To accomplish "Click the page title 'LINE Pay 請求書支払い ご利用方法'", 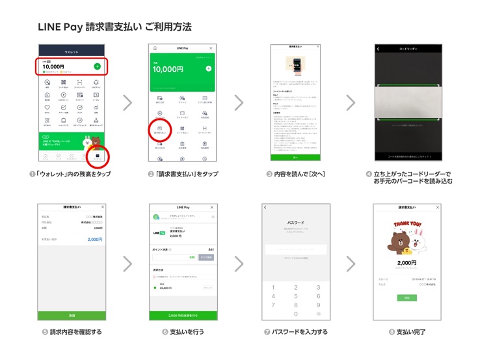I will (x=114, y=27).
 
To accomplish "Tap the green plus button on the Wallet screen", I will (x=97, y=66).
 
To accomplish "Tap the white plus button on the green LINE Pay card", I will (x=208, y=68).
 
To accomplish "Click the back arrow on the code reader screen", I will (x=379, y=48).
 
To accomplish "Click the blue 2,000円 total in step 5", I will (x=94, y=240).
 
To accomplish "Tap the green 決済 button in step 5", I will (x=72, y=315).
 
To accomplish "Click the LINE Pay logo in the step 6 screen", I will (x=159, y=232).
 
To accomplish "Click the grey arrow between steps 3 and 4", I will (x=351, y=102).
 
